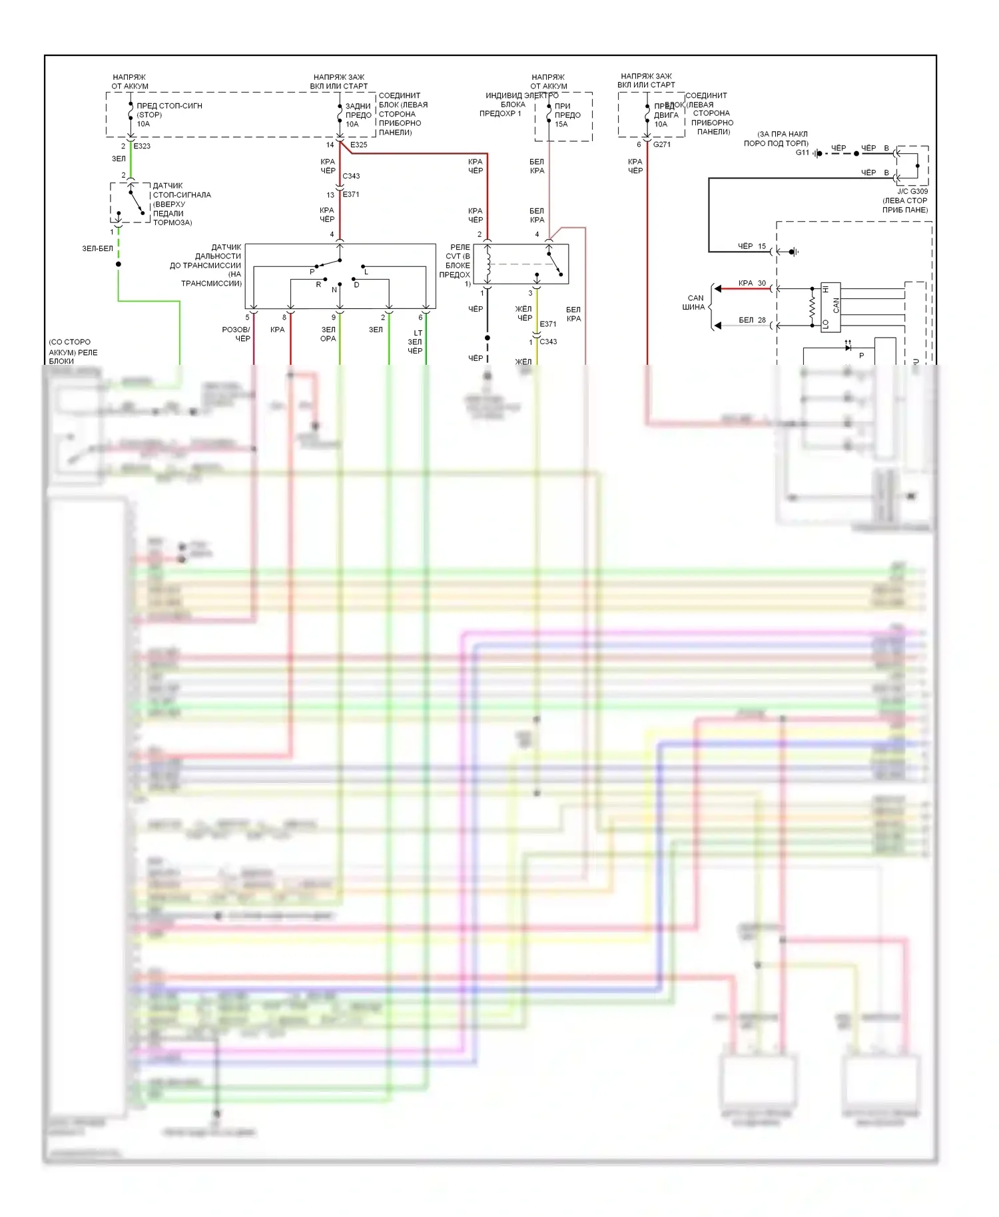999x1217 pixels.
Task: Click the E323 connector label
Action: (142, 146)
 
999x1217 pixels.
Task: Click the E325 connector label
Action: (358, 144)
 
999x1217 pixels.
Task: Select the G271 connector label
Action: (661, 144)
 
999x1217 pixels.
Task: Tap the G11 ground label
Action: (802, 152)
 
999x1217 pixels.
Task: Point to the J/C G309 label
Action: (912, 192)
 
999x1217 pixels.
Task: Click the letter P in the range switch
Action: (312, 272)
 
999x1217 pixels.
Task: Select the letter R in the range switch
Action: (318, 284)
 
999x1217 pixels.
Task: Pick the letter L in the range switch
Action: (366, 272)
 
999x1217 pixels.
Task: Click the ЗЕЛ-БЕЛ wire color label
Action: (97, 248)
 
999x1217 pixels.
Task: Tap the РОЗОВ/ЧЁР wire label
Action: (236, 334)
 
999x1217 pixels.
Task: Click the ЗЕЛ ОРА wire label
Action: (328, 334)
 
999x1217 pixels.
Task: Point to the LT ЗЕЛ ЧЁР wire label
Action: (416, 342)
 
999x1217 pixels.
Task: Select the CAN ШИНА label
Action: (695, 303)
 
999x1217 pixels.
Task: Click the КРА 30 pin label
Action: (752, 283)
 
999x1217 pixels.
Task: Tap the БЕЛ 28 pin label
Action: (752, 320)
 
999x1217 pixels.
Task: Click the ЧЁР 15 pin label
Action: (752, 246)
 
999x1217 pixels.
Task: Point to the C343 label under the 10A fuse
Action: (351, 176)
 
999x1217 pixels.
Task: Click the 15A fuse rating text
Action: (561, 124)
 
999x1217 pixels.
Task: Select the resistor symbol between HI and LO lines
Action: (812, 307)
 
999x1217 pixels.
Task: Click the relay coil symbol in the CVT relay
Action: (488, 264)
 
